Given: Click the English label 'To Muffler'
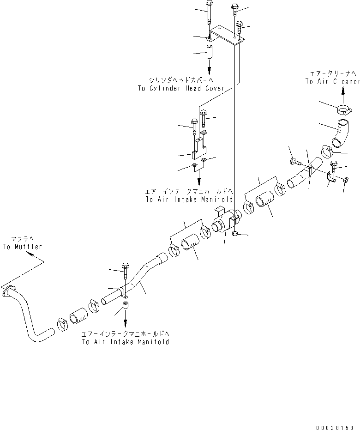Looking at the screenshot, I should (x=22, y=247).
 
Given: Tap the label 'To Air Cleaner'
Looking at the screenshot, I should (x=332, y=81).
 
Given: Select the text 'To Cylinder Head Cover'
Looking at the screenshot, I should (x=181, y=88).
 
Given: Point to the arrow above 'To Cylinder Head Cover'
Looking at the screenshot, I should (x=209, y=69).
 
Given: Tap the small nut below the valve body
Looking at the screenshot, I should (x=235, y=234).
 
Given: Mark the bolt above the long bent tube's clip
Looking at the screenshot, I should (x=125, y=273).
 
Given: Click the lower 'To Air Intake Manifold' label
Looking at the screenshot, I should (x=125, y=342).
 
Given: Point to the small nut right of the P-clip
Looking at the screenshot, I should (x=346, y=179).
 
